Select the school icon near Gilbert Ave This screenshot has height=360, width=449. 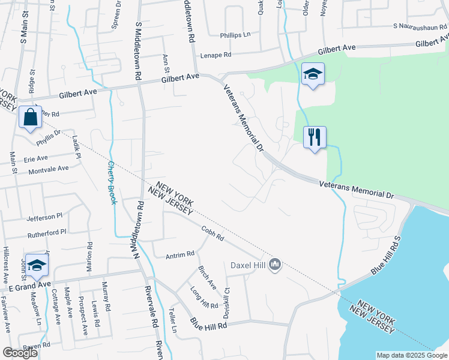coord(312,74)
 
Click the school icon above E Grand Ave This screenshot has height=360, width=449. coord(37,265)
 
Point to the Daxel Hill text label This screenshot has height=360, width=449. coord(249,265)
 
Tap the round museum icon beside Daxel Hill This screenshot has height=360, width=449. coord(276,264)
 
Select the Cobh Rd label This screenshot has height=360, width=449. coord(212,233)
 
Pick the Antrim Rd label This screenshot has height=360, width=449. coord(180,254)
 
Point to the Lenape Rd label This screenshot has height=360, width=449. coord(215,55)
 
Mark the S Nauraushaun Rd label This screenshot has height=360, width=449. coord(421,26)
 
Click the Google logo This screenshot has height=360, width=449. coord(20,353)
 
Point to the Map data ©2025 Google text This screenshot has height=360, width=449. coord(411,355)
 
